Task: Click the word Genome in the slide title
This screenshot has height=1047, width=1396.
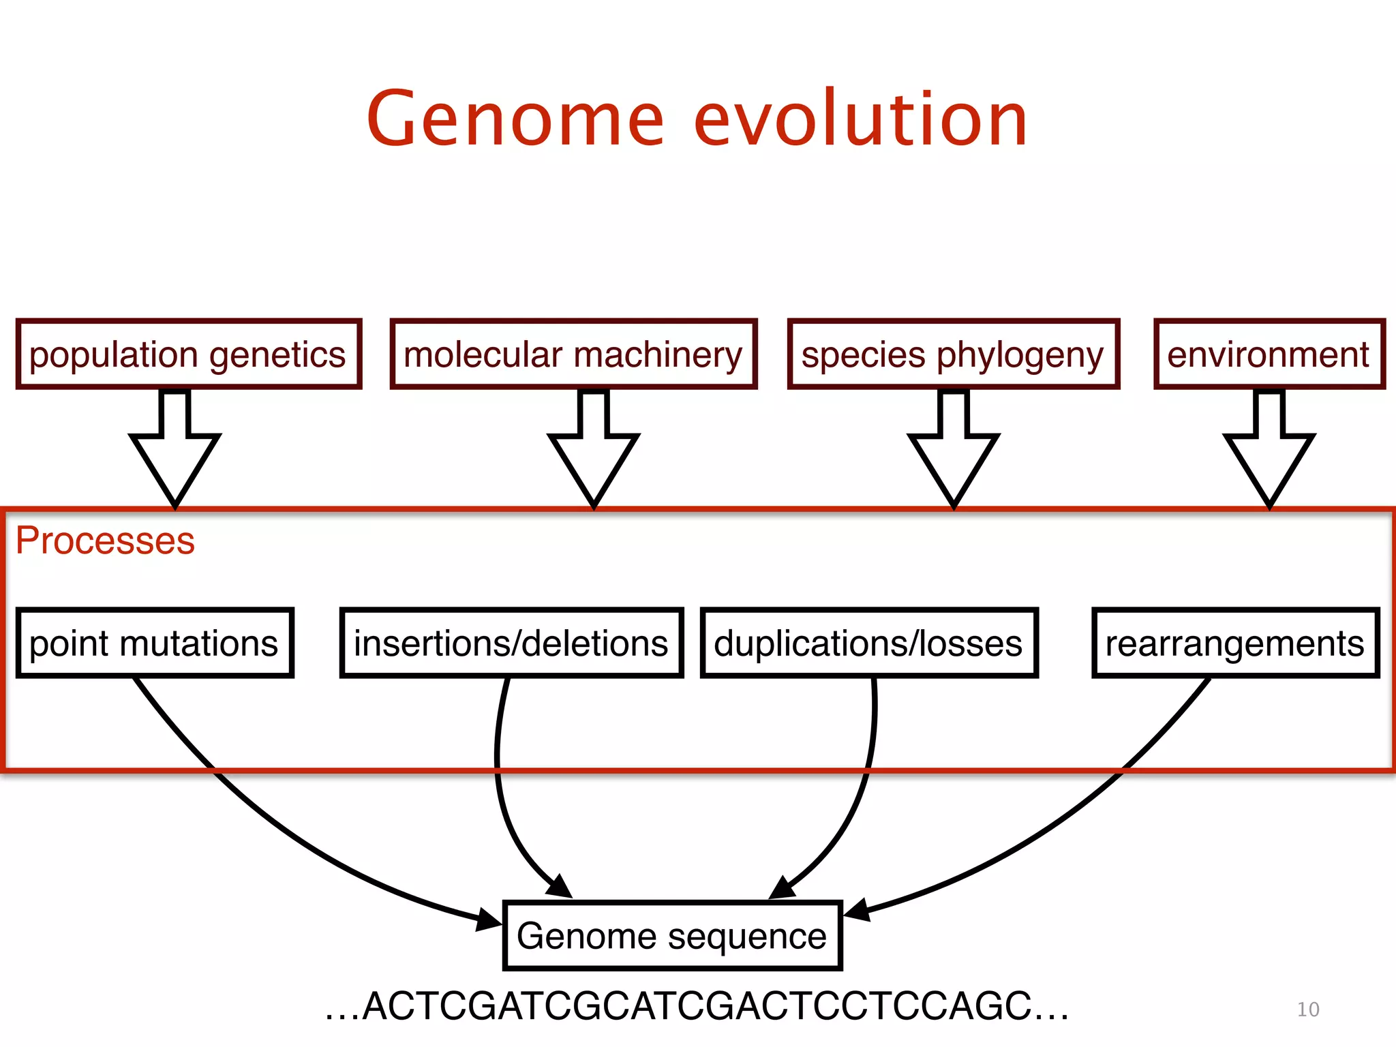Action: [515, 119]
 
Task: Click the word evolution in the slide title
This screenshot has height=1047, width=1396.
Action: [860, 119]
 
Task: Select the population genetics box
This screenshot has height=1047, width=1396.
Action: [188, 354]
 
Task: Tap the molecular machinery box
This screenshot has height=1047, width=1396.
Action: [573, 354]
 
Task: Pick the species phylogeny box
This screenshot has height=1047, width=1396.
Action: [953, 354]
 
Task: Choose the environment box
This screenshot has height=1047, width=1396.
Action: [1269, 354]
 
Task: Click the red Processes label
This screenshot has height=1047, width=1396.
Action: [105, 541]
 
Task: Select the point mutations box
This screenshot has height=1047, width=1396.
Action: [155, 643]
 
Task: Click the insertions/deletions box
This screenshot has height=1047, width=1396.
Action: [511, 643]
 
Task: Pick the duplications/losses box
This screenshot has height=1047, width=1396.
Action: [869, 643]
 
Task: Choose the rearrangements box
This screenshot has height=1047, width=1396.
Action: [1235, 643]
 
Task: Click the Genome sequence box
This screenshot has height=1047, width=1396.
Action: [672, 935]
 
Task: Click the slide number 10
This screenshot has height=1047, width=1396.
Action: [1307, 1010]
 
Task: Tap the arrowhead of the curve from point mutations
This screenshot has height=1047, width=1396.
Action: [489, 920]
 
